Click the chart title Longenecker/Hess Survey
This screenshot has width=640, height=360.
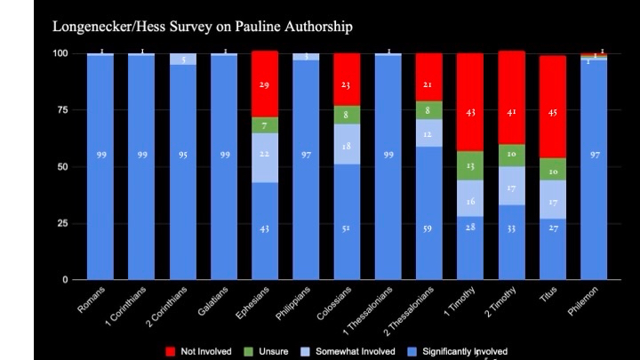[203, 27]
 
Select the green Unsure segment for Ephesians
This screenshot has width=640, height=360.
[265, 125]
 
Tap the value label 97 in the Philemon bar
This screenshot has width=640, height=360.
[594, 156]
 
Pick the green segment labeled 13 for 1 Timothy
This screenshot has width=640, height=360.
[471, 165]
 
